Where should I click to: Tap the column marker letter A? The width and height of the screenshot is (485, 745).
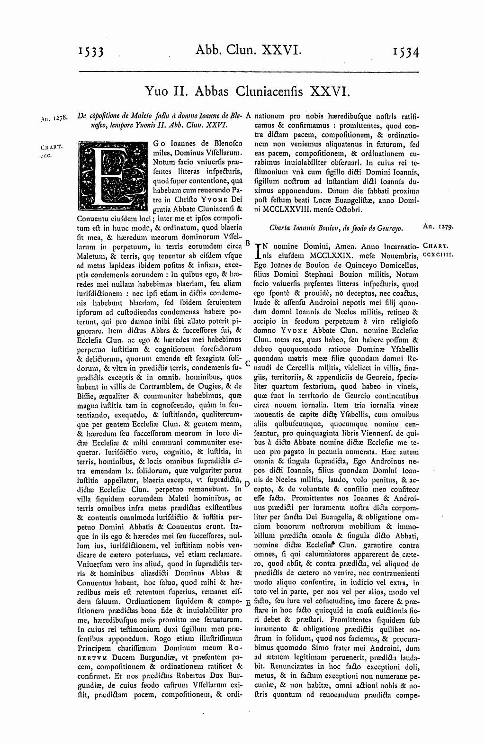coord(248,116)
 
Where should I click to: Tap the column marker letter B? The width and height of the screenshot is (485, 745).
coord(247,242)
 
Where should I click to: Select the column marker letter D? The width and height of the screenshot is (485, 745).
coord(247,483)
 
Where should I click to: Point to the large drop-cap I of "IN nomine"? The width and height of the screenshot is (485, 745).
coord(259,251)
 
